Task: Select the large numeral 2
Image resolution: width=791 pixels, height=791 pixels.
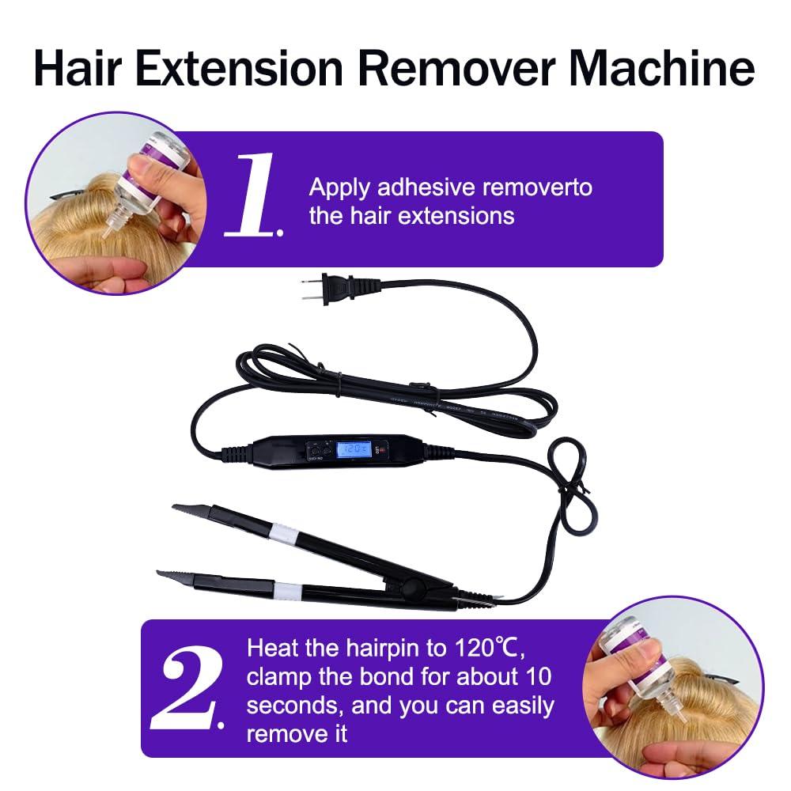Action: point(191,690)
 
